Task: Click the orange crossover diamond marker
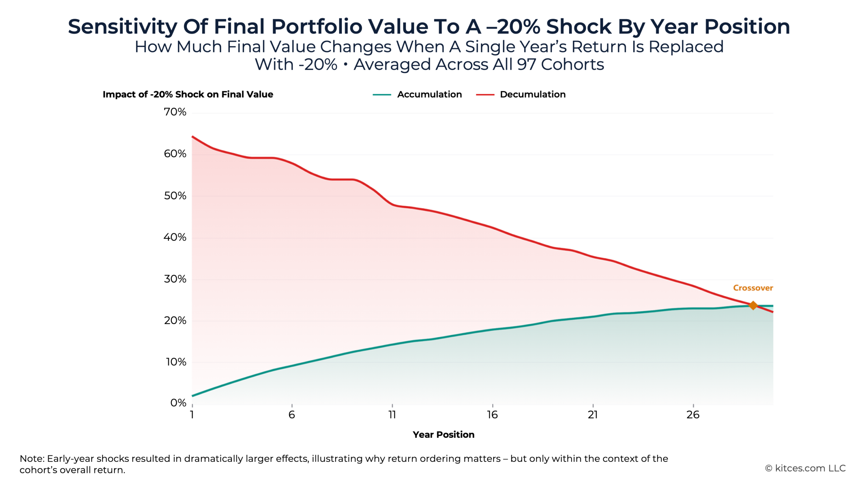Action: coord(753,305)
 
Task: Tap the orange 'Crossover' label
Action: coord(753,288)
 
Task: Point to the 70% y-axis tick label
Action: coord(175,112)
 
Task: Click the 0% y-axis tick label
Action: coord(178,403)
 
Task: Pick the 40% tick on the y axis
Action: coord(175,237)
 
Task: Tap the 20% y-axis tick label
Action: coord(175,321)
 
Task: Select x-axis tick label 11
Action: coord(392,415)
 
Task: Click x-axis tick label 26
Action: coord(693,415)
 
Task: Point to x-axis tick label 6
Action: coord(292,415)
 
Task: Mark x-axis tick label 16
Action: coord(492,415)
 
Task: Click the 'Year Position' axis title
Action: coord(443,435)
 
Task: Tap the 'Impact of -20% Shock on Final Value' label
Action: coord(188,95)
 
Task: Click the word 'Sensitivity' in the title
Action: coord(122,27)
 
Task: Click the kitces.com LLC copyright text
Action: coord(805,468)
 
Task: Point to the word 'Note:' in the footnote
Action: coord(32,459)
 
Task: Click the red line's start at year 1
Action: coord(193,137)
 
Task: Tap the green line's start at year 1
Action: coord(193,396)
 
